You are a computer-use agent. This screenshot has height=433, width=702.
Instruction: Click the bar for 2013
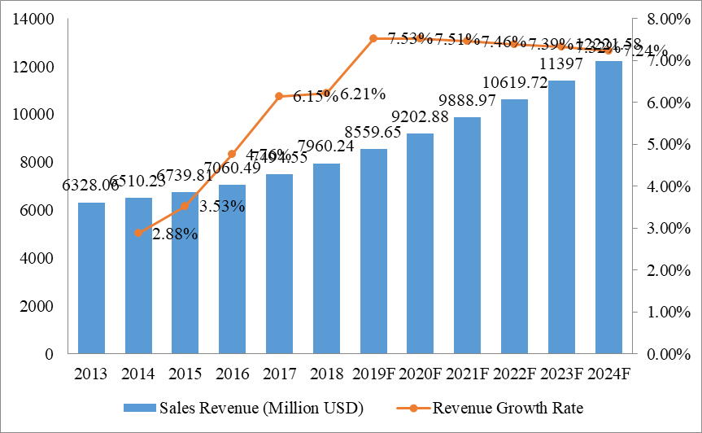pos(91,278)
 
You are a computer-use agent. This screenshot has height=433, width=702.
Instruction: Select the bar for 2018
pos(326,259)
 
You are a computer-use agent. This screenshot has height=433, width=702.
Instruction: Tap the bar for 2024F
pos(608,208)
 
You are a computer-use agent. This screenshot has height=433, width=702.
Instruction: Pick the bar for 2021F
pos(468,236)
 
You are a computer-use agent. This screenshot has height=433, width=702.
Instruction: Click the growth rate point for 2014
pos(138,233)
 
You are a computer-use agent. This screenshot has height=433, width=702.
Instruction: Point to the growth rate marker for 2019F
pos(373,38)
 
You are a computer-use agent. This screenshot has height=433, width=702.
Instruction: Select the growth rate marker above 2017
pos(279,96)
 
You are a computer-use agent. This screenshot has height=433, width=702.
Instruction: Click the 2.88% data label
pos(176,234)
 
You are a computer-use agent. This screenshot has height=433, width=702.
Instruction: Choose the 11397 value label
pos(561,64)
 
